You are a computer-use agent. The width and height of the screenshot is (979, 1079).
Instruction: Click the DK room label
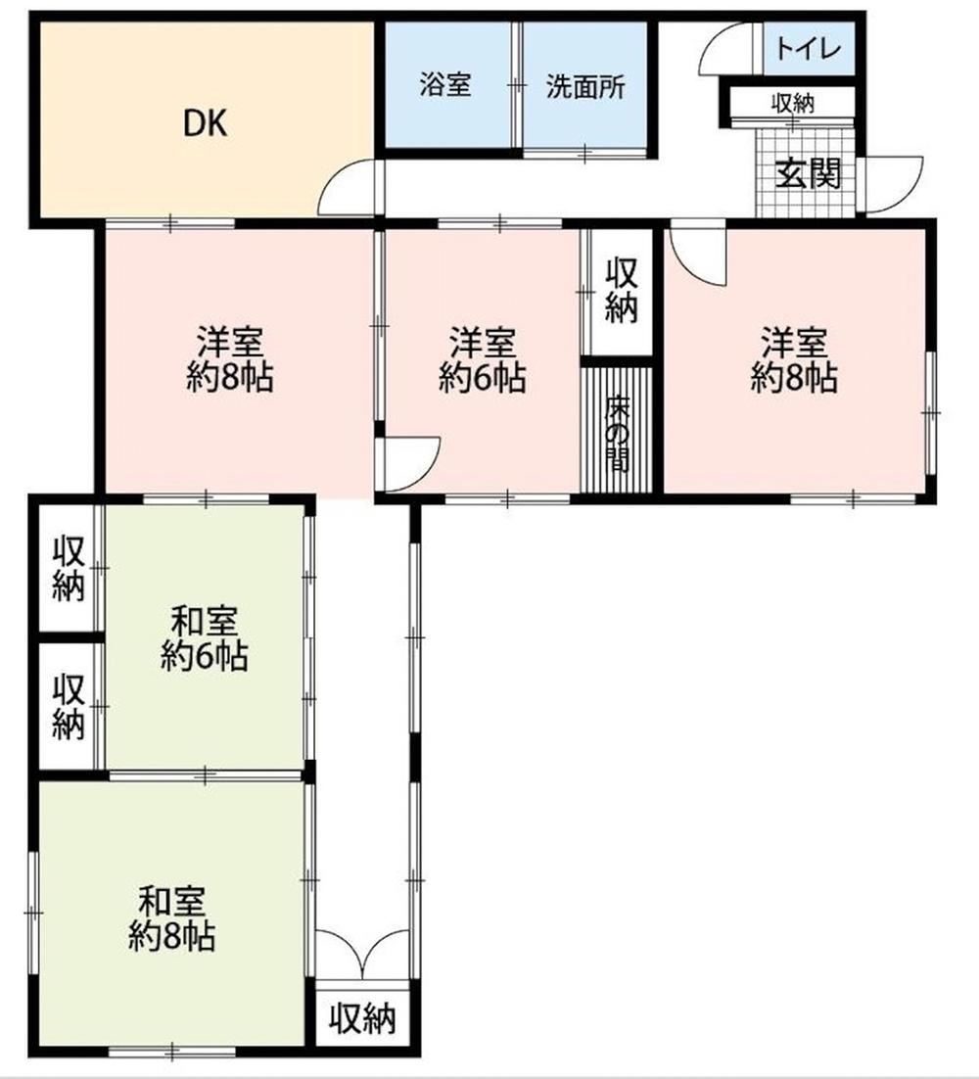pyautogui.click(x=205, y=124)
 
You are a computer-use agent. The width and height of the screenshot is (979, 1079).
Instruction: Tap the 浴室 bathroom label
pyautogui.click(x=445, y=86)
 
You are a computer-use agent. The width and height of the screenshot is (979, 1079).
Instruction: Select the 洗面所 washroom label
pyautogui.click(x=585, y=87)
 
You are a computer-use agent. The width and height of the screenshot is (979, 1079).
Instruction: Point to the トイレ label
pyautogui.click(x=809, y=48)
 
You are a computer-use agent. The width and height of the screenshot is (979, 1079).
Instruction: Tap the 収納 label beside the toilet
pyautogui.click(x=793, y=104)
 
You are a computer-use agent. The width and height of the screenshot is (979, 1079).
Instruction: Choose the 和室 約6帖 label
pyautogui.click(x=205, y=638)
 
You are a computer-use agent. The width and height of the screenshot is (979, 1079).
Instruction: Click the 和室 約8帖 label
pyautogui.click(x=171, y=919)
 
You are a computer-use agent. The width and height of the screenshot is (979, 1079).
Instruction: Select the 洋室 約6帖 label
pyautogui.click(x=483, y=360)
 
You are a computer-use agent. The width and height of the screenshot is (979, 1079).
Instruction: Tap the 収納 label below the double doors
pyautogui.click(x=362, y=1018)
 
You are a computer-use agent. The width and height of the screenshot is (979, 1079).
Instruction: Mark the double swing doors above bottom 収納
pyautogui.click(x=363, y=953)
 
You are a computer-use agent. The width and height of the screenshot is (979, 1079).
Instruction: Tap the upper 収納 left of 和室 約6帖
pyautogui.click(x=69, y=569)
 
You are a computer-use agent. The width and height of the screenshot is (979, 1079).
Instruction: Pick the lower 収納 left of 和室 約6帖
pyautogui.click(x=69, y=707)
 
